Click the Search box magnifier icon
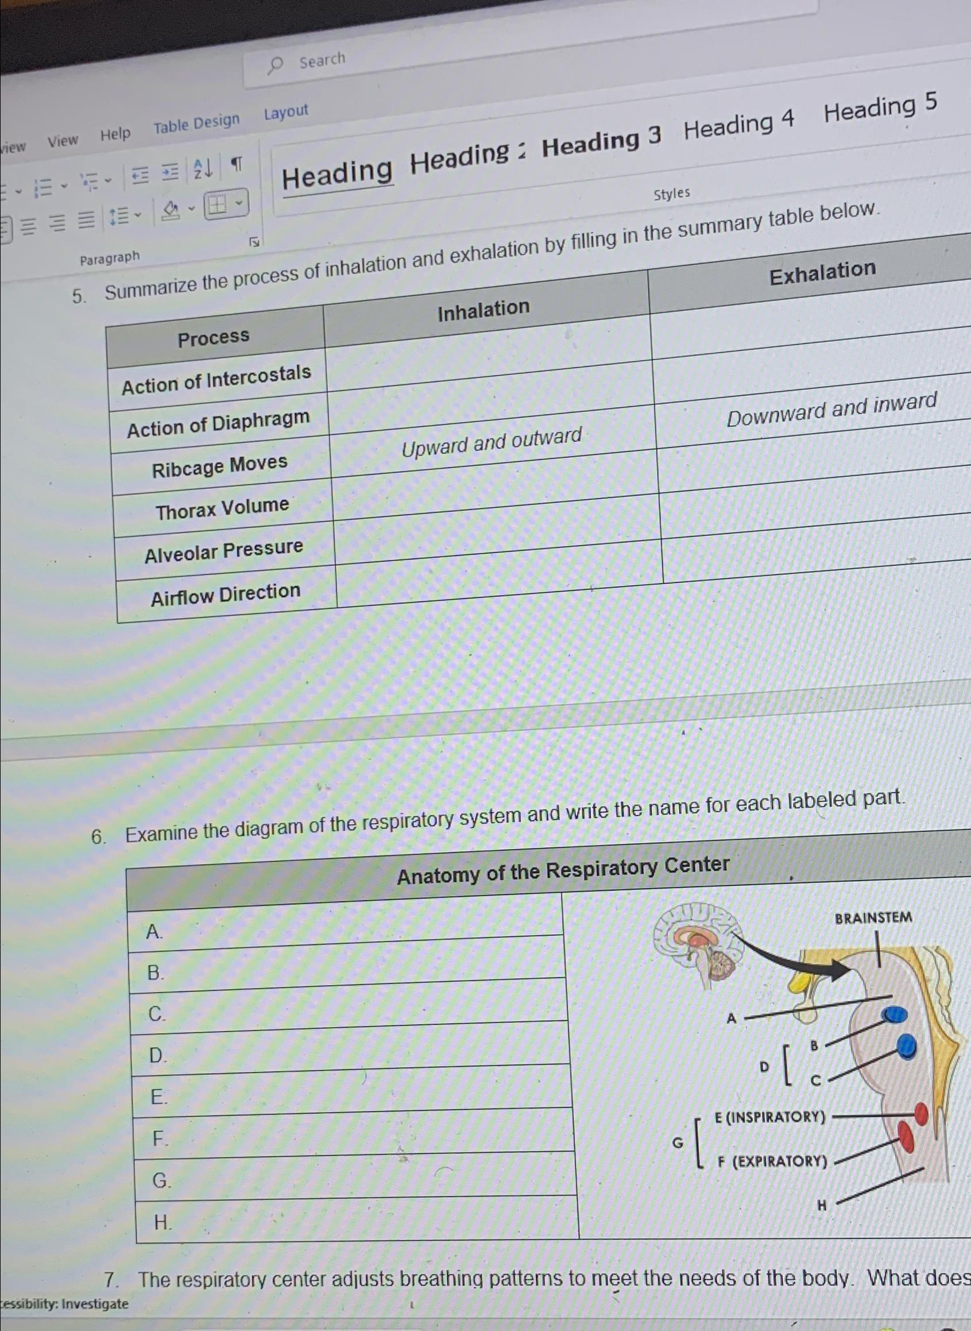[x=275, y=65]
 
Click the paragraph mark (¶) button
[x=237, y=165]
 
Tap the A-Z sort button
[x=203, y=169]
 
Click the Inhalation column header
[x=483, y=310]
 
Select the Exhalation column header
[x=822, y=272]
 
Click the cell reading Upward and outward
[x=492, y=442]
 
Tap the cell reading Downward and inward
[x=831, y=409]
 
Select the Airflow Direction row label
[x=226, y=595]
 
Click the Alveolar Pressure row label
[x=224, y=551]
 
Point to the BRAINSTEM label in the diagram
[x=873, y=918]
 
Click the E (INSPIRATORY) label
[x=770, y=1117]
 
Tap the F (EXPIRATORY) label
[x=773, y=1161]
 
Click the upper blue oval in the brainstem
[x=895, y=1014]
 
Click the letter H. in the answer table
[x=163, y=1223]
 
